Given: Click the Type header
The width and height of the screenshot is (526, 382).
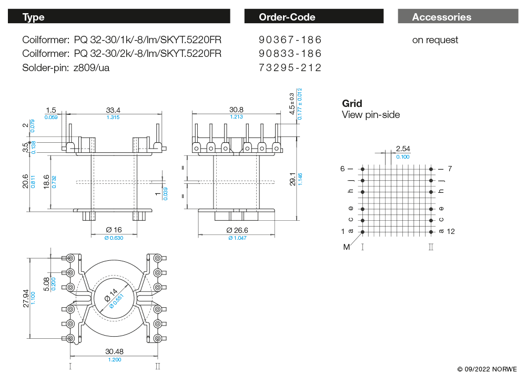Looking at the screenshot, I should pos(34,17).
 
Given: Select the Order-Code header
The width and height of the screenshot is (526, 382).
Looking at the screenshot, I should pos(287,17).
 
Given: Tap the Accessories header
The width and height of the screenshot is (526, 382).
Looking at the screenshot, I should pos(441,17).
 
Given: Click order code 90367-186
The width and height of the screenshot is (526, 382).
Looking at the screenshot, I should pos(290,40).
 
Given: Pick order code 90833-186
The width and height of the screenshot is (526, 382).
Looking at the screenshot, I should pos(290,54).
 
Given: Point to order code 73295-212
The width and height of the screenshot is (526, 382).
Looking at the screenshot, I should pos(290,67).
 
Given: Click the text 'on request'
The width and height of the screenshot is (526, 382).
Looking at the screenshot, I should pos(435,40).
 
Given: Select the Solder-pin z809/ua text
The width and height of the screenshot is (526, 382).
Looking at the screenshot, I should pos(66,67).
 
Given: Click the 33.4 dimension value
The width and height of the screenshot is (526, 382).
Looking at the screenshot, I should pos(113,110).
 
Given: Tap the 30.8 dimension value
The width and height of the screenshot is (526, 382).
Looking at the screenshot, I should pos(236,110).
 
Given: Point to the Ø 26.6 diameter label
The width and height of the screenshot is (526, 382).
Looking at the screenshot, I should pos(237,230).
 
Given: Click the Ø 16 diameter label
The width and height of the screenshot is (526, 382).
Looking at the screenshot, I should pos(113,230).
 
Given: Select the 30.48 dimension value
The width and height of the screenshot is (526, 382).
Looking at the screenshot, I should pos(114,351).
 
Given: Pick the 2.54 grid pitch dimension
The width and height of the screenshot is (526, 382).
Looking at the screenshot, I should pos(403,149).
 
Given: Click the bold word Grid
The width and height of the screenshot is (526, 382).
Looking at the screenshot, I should pos(352,104).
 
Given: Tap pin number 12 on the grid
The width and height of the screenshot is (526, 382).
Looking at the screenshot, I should pos(451,231).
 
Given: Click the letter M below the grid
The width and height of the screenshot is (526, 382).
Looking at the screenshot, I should pos(347,247).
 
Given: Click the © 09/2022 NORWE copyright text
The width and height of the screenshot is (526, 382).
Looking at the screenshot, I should pos(487,369).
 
